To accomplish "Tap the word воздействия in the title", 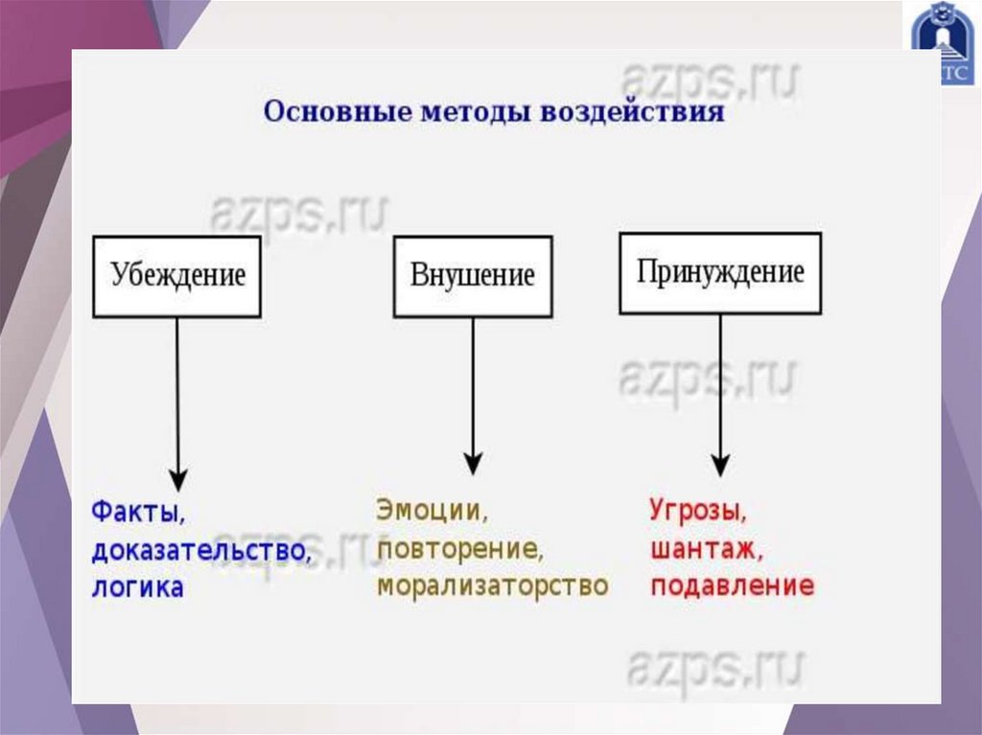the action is click(x=632, y=112).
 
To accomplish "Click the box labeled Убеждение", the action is click(x=177, y=276).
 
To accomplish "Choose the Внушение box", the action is click(x=472, y=276).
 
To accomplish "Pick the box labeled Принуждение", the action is click(x=720, y=272).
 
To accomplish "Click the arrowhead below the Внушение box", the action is click(x=472, y=464).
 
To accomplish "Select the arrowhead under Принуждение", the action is click(x=721, y=466).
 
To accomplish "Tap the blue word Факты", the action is click(x=137, y=513).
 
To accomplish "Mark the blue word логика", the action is click(x=137, y=587).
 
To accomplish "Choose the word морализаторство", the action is click(x=493, y=586).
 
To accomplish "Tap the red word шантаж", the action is click(x=706, y=550).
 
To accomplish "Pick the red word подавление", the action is click(x=732, y=586).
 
